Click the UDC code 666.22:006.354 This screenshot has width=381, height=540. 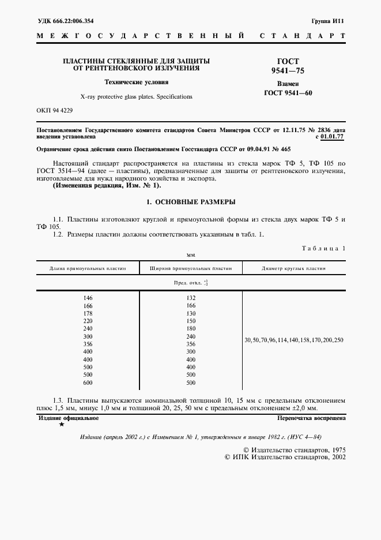tap(66, 21)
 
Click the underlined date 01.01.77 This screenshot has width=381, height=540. tap(333, 137)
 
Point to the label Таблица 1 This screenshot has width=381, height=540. tap(323, 248)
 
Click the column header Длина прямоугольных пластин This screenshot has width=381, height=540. tap(87, 268)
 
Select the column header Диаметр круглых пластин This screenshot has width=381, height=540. tap(293, 268)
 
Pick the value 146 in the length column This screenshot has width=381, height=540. tap(88, 298)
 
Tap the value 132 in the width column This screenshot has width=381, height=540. tap(191, 298)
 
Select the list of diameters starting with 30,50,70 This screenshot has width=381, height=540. tap(293, 340)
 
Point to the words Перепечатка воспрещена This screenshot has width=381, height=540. tap(311, 417)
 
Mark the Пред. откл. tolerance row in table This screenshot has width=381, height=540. tap(191, 283)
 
